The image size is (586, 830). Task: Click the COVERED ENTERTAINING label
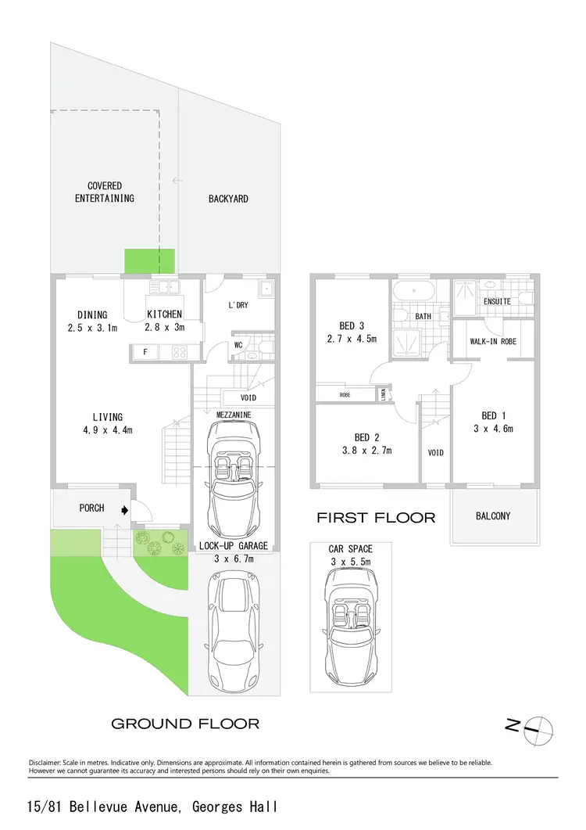(x=105, y=192)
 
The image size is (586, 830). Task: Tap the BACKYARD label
(x=228, y=199)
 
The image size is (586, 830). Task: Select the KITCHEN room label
(x=164, y=315)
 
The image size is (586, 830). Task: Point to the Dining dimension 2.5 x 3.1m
(x=92, y=328)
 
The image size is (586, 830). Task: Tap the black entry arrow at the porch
(x=125, y=508)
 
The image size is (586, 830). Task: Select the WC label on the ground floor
(x=238, y=344)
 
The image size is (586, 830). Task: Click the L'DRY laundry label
(x=238, y=305)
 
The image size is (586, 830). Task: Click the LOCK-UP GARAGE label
(x=234, y=545)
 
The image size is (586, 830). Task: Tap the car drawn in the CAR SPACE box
(x=351, y=618)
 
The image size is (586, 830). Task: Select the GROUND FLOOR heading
(x=185, y=724)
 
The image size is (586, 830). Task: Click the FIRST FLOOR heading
(x=376, y=518)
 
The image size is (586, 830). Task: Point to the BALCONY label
(x=493, y=516)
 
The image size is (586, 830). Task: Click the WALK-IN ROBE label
(x=493, y=342)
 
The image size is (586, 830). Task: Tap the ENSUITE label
(x=498, y=301)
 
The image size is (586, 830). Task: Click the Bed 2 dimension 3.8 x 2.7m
(x=366, y=450)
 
